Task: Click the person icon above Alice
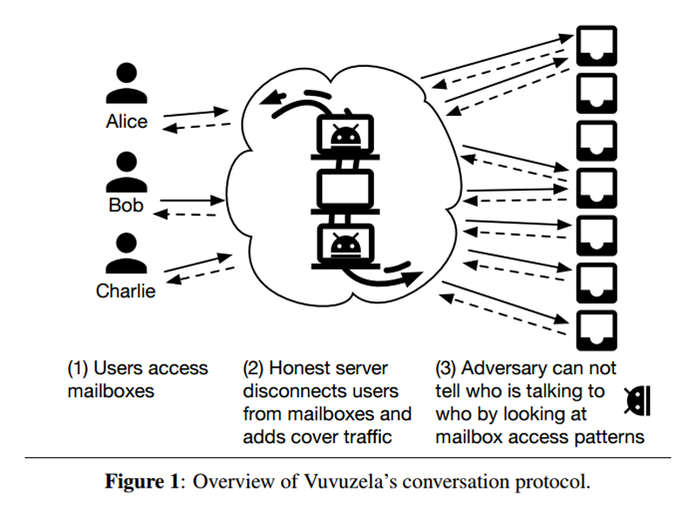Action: [x=126, y=83]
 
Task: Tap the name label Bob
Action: [x=126, y=205]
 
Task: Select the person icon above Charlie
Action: [x=126, y=253]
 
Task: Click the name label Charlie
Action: [x=125, y=291]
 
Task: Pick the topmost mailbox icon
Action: [x=597, y=46]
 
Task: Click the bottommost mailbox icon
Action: [x=597, y=331]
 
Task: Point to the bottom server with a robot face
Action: [x=345, y=246]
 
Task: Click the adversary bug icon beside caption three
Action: [x=638, y=400]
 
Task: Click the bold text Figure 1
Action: [x=142, y=481]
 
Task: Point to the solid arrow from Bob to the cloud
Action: [x=192, y=200]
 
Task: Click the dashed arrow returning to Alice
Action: [x=197, y=127]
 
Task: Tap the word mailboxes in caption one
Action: [x=111, y=392]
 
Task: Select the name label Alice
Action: [x=126, y=121]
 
